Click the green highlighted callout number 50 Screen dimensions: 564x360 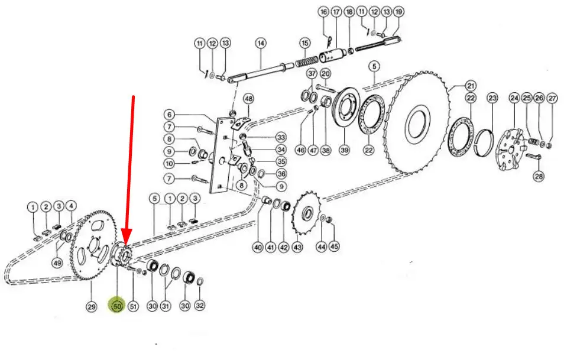118,306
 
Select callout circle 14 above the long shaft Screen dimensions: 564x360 261,44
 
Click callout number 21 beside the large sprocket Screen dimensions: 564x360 471,86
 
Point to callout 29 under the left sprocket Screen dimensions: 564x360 92,306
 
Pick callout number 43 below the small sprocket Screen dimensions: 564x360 297,247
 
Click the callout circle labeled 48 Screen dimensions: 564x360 248,99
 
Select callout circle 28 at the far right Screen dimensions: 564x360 539,176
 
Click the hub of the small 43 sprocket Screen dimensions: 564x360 308,213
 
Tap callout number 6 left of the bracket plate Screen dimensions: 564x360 170,115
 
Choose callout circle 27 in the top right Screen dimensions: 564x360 552,98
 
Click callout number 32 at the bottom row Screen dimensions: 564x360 200,306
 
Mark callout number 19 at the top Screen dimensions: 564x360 398,12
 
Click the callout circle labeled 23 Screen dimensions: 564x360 492,98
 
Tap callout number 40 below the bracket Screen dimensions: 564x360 258,248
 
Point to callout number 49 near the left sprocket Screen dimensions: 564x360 57,263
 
